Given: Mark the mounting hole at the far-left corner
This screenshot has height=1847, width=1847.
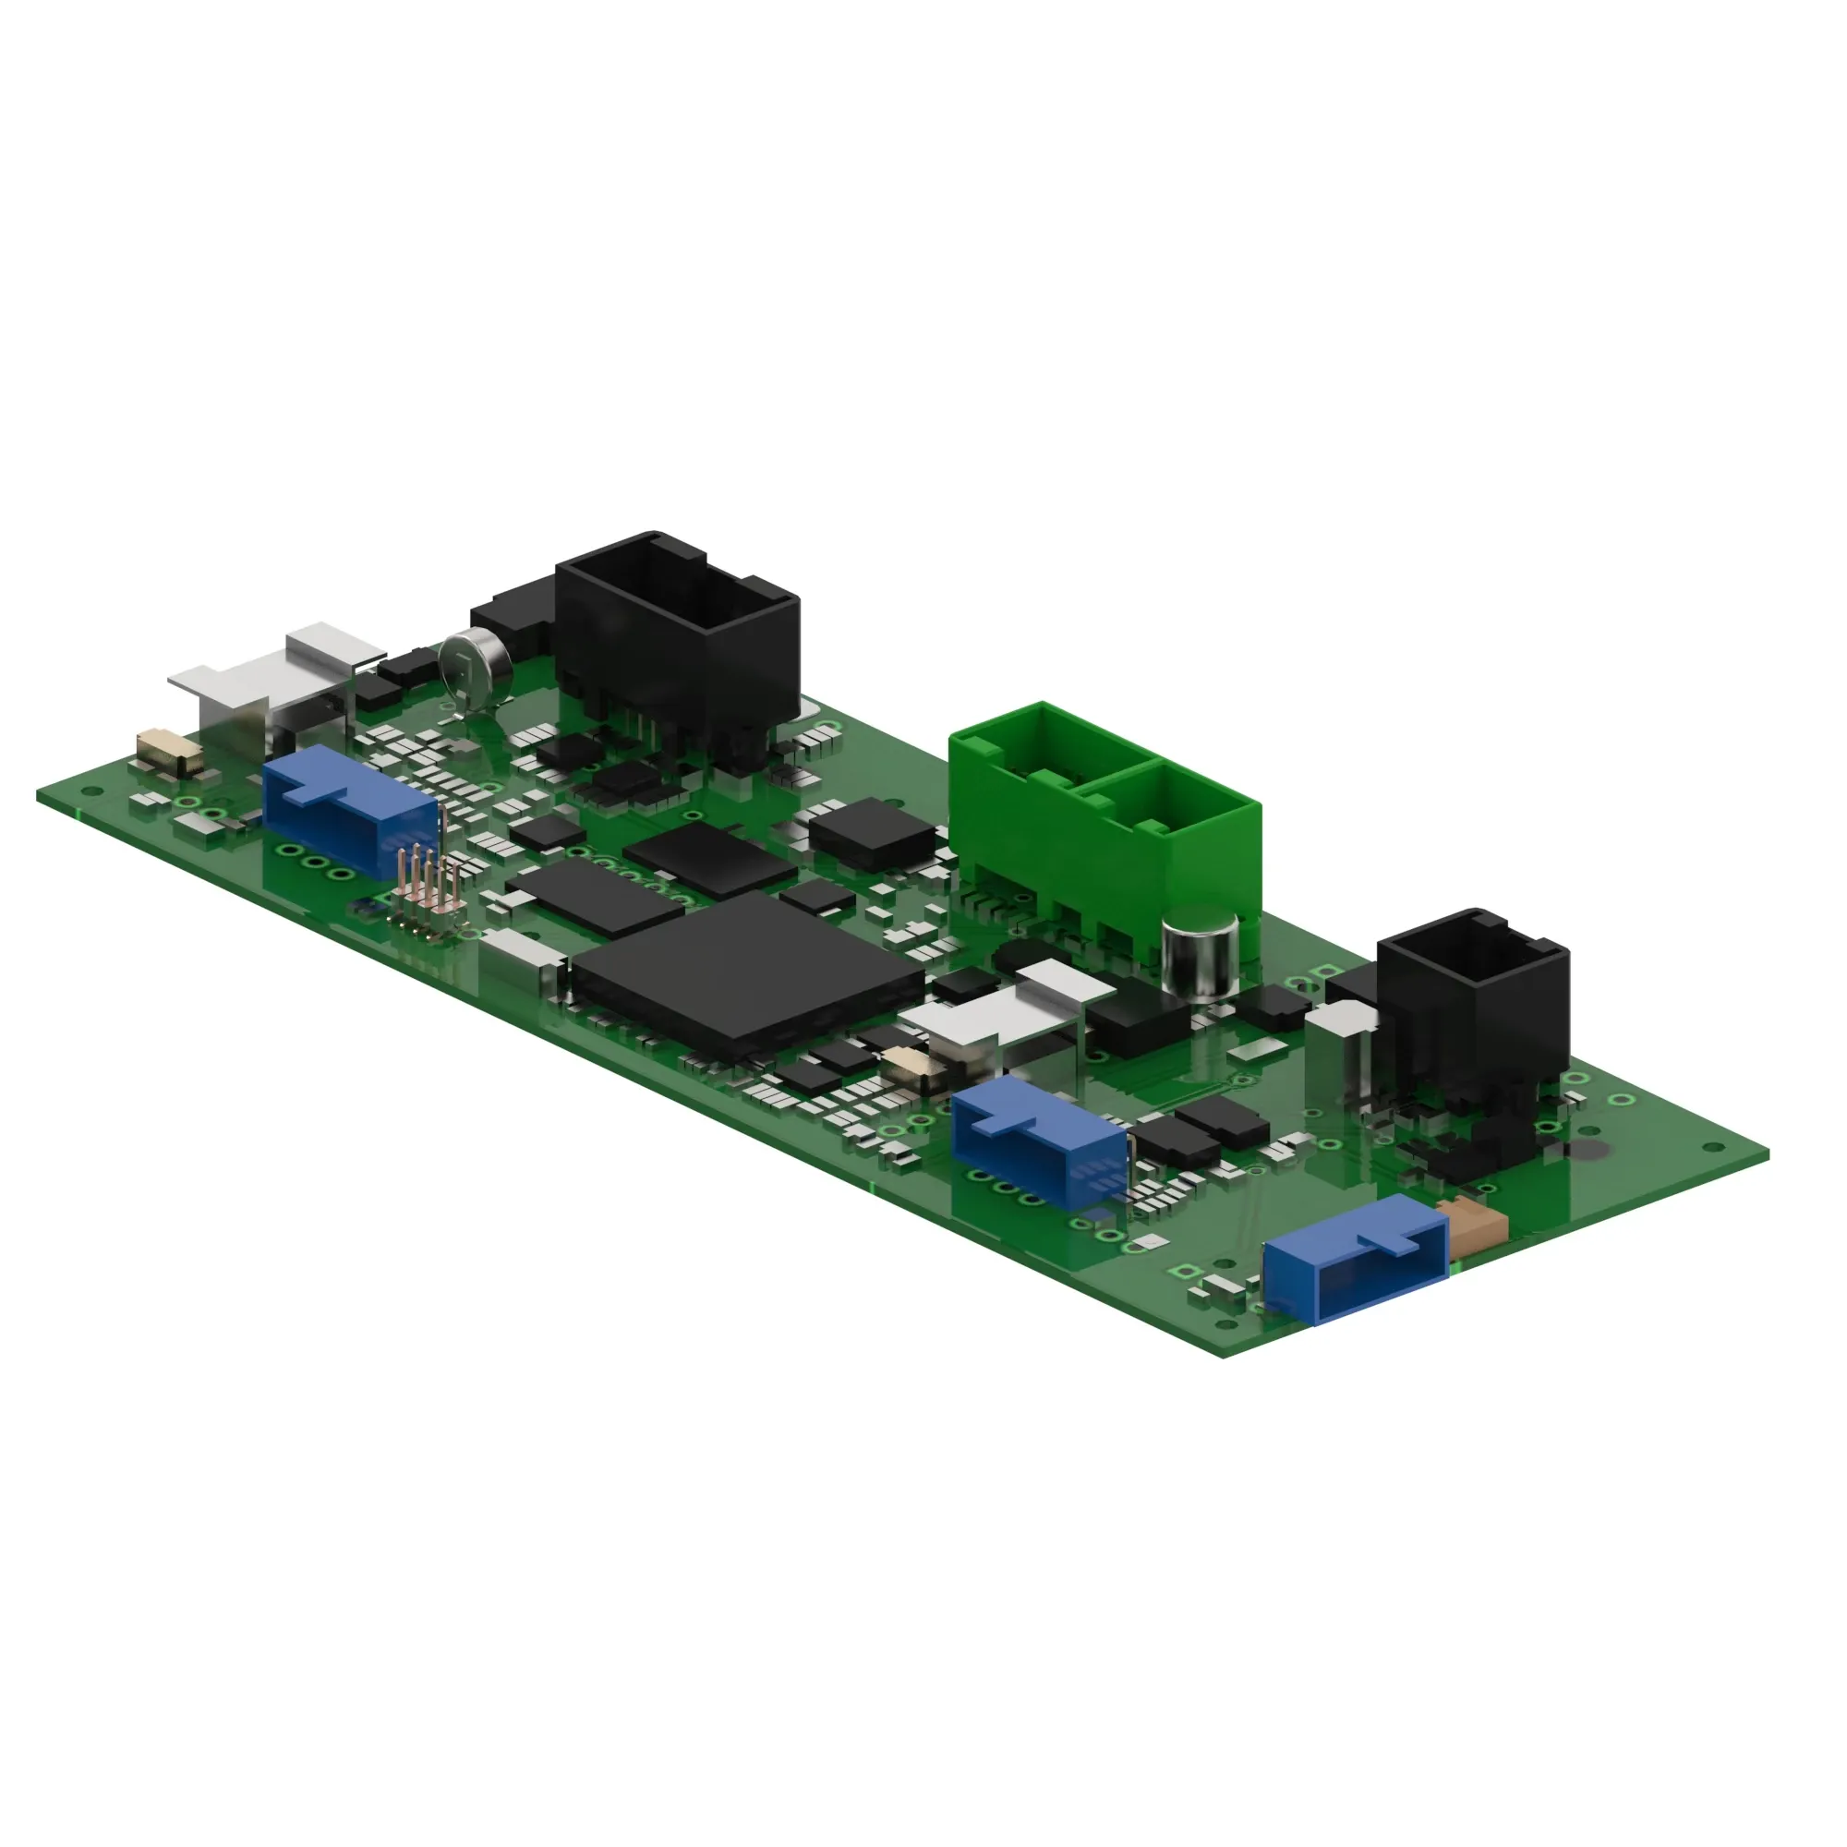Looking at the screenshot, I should pyautogui.click(x=91, y=791).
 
